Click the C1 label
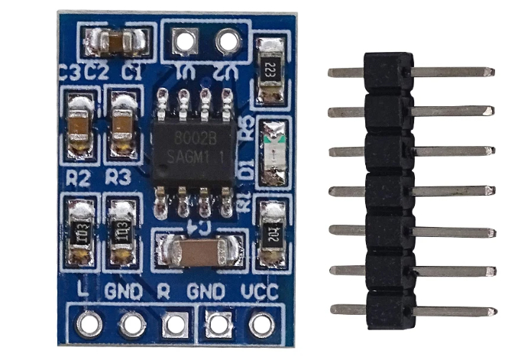pos(132,73)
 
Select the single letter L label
pos(83,290)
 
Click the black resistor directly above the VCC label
pos(271,233)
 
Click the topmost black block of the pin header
pos(389,72)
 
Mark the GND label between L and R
pos(123,290)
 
